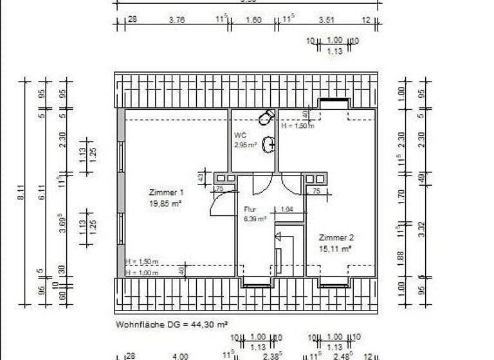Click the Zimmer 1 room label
167,192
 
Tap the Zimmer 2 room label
336,237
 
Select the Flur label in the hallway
250,209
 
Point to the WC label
240,136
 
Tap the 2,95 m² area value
246,145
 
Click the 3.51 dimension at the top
328,20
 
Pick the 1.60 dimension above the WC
253,20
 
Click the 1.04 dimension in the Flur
287,210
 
